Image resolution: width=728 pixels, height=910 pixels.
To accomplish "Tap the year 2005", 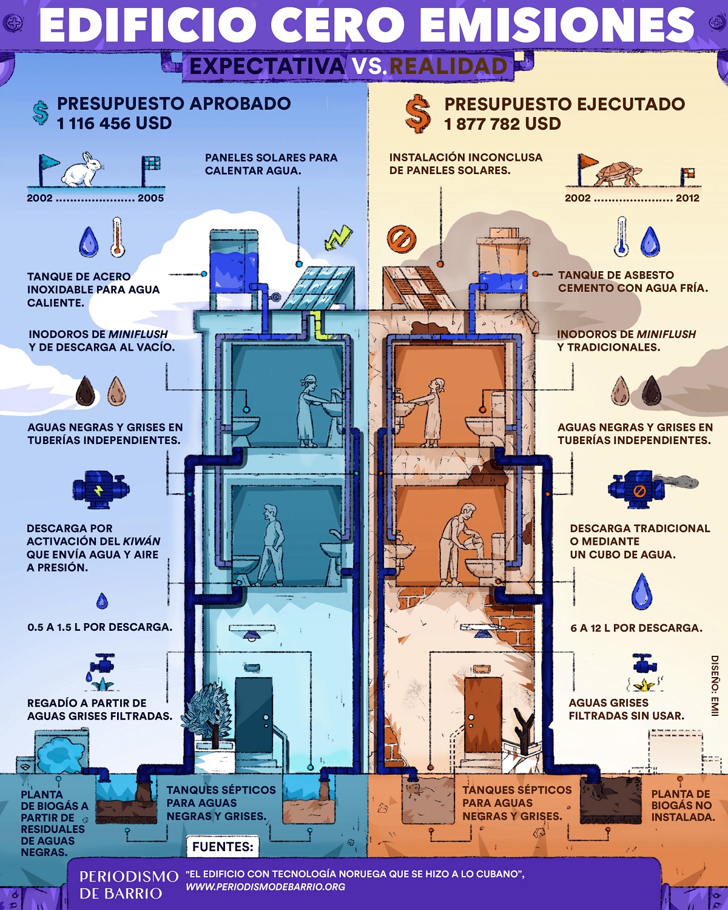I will coord(150,198).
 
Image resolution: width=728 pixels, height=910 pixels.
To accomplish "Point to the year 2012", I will coord(687,198).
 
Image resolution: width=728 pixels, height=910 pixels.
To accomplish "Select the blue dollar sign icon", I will coord(41,112).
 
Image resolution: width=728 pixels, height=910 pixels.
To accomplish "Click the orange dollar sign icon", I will coord(418,114).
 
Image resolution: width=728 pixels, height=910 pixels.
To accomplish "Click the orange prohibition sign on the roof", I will coord(402,238).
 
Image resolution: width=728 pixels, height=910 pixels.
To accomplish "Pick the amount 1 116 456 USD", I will coord(114,124).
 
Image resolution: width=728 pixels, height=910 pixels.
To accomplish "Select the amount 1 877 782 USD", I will coord(502,124).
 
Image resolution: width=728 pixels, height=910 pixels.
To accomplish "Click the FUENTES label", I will coord(223,847).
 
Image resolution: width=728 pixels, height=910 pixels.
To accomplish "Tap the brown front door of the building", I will coord(483,713).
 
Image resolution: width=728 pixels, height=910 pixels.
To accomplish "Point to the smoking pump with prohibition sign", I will coord(637,488).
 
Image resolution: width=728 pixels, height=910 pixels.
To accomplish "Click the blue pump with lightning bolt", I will coord(101,489).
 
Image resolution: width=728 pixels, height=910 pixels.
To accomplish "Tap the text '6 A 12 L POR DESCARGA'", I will coord(636,628).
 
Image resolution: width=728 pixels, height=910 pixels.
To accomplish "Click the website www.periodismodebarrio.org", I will coord(266,887).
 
